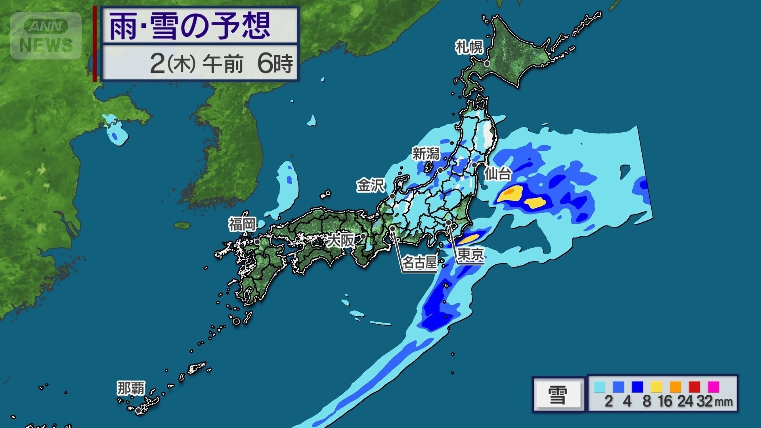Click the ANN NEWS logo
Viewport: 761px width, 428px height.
point(46,36)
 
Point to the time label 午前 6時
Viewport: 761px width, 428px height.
point(248,63)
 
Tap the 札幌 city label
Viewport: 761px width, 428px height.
point(469,47)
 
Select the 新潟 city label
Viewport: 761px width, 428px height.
point(426,153)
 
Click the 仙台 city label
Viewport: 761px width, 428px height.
point(498,174)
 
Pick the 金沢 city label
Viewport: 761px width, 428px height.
point(370,185)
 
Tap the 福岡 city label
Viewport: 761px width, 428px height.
point(242,224)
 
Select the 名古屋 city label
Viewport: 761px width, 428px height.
point(419,262)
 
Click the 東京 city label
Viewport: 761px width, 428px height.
point(470,254)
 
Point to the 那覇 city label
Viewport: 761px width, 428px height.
point(131,388)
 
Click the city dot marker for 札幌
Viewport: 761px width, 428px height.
point(487,63)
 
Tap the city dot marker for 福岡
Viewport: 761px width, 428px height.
point(257,242)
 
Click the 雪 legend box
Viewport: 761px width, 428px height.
point(558,395)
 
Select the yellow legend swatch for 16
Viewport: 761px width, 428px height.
point(656,386)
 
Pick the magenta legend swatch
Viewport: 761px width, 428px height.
point(713,386)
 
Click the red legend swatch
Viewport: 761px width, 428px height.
point(694,386)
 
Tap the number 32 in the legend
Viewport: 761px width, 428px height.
point(704,401)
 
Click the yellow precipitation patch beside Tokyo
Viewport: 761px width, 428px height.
point(470,239)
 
